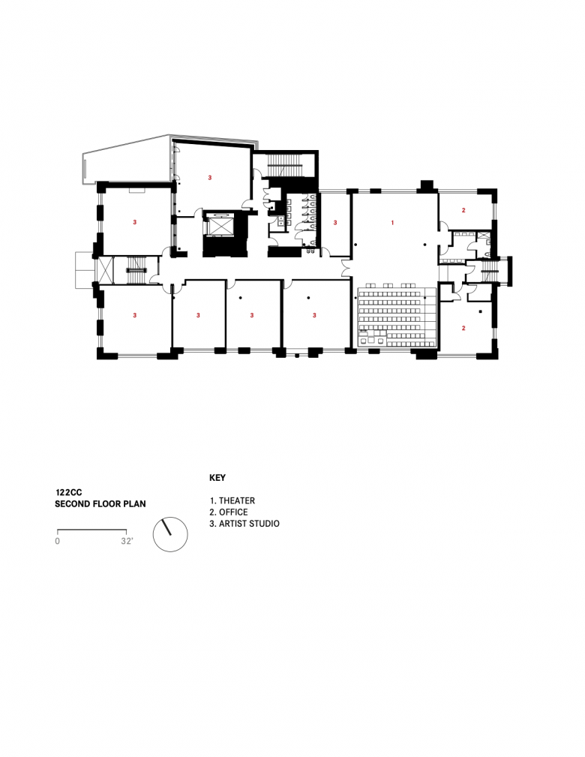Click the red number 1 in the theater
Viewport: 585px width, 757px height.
coord(392,223)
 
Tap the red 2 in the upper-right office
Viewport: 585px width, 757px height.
coord(463,210)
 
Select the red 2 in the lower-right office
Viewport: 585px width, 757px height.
coord(463,328)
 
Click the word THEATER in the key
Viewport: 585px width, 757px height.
coord(237,500)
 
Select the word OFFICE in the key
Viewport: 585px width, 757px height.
coord(233,512)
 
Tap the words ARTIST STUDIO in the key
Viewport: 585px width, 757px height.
coord(249,524)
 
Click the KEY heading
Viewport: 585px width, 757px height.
coord(217,478)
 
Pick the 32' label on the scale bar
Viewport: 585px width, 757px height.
coord(127,541)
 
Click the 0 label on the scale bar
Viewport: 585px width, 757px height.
coord(58,541)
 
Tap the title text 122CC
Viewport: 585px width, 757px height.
coord(68,492)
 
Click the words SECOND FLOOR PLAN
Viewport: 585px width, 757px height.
coord(100,504)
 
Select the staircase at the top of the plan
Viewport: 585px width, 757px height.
coord(284,165)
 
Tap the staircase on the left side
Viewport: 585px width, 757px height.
coord(136,271)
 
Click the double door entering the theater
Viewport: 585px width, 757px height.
coord(346,268)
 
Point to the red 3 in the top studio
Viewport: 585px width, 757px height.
coord(209,178)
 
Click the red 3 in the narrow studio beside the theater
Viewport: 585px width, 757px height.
coord(335,223)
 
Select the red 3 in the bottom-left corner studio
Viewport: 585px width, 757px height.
coord(135,315)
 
